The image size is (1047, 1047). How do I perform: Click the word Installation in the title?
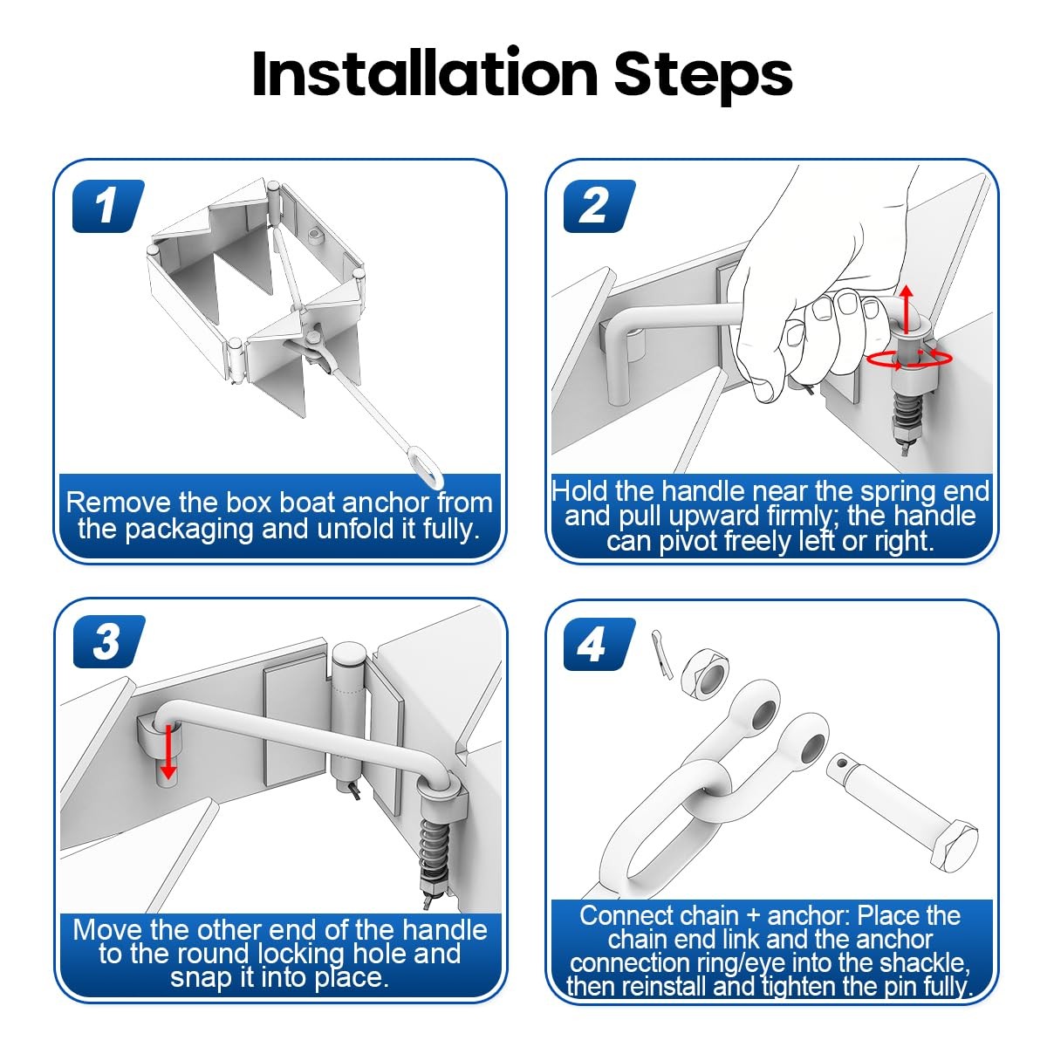pos(425,74)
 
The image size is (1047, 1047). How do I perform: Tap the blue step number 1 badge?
pos(108,206)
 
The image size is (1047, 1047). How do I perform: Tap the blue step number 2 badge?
pos(599,206)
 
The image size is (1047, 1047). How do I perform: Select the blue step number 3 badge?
pos(109,641)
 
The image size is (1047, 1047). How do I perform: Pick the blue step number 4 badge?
pos(599,644)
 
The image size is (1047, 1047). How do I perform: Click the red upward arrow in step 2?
pos(906,308)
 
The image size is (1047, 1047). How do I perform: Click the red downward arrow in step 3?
pos(168,751)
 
